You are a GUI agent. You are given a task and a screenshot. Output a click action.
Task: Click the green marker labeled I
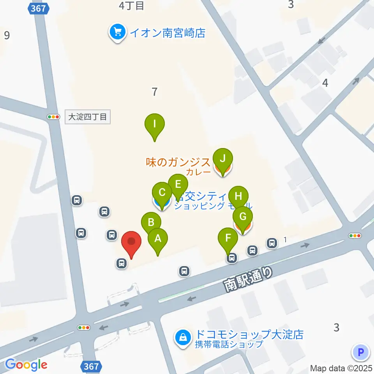pyautogui.click(x=155, y=125)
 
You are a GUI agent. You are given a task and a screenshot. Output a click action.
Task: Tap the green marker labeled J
pyautogui.click(x=222, y=159)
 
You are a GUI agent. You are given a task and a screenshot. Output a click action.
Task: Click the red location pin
pyautogui.click(x=131, y=242)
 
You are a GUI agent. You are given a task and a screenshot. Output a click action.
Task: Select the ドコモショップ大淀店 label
pyautogui.click(x=249, y=334)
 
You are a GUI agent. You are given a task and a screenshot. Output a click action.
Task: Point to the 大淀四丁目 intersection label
pyautogui.click(x=87, y=116)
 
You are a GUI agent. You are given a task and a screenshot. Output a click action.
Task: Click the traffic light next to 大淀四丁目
pyautogui.click(x=53, y=116)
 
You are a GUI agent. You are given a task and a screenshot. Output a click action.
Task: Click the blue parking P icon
pyautogui.click(x=360, y=353)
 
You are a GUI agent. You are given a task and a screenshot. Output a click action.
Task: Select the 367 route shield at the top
pyautogui.click(x=38, y=8)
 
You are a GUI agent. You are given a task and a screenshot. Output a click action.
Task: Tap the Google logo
pyautogui.click(x=26, y=365)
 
